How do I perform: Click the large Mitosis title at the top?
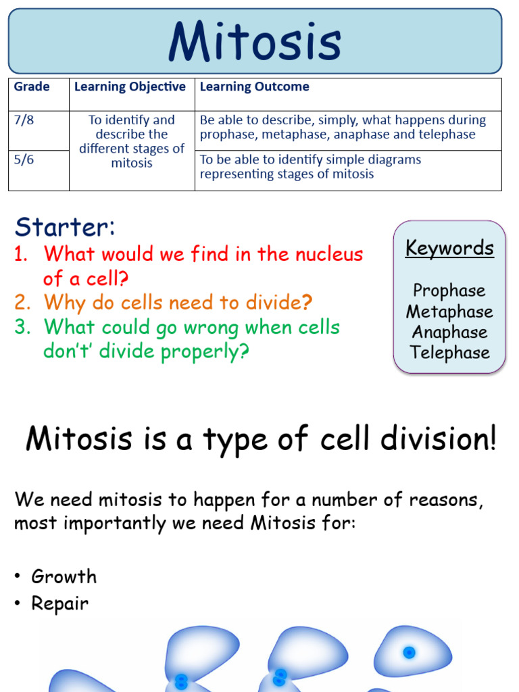[x=255, y=41]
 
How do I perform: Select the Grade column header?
[x=32, y=87]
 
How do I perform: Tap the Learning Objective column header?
[x=130, y=87]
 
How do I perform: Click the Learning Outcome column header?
[x=254, y=87]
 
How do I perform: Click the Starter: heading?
[x=65, y=227]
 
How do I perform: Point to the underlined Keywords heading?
[x=449, y=248]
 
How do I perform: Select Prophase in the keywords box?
[x=449, y=291]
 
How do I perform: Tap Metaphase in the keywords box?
[x=449, y=312]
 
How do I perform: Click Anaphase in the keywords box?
[x=449, y=332]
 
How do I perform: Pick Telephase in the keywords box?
[x=449, y=353]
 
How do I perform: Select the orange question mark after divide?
[x=307, y=302]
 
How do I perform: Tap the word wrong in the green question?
[x=233, y=327]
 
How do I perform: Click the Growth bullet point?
[x=64, y=576]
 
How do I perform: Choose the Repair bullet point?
[x=59, y=603]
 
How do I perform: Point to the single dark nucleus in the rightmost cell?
[x=409, y=652]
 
